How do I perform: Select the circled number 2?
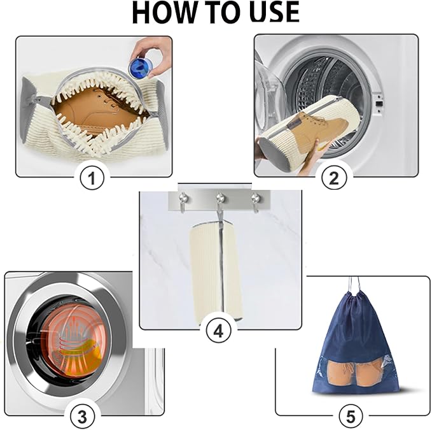point(334,178)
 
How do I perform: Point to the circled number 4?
point(218,332)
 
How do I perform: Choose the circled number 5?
point(351,417)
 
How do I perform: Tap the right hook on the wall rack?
point(255,201)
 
